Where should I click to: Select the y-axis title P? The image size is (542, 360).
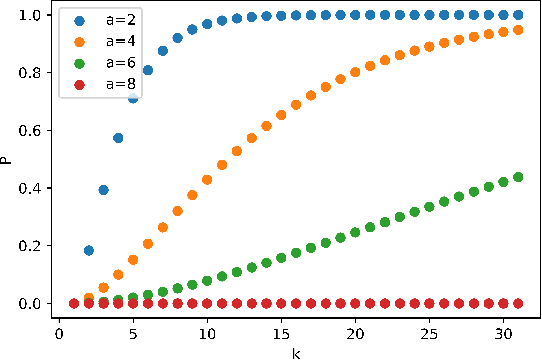pyautogui.click(x=9, y=159)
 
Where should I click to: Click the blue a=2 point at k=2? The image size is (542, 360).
pyautogui.click(x=89, y=250)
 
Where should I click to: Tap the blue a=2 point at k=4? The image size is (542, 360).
pyautogui.click(x=118, y=138)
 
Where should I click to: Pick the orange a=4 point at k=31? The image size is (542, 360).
pyautogui.click(x=518, y=30)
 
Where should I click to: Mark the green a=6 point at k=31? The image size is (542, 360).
pyautogui.click(x=518, y=177)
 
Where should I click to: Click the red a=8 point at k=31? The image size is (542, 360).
pyautogui.click(x=518, y=303)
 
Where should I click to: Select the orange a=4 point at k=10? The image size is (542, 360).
pyautogui.click(x=207, y=180)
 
